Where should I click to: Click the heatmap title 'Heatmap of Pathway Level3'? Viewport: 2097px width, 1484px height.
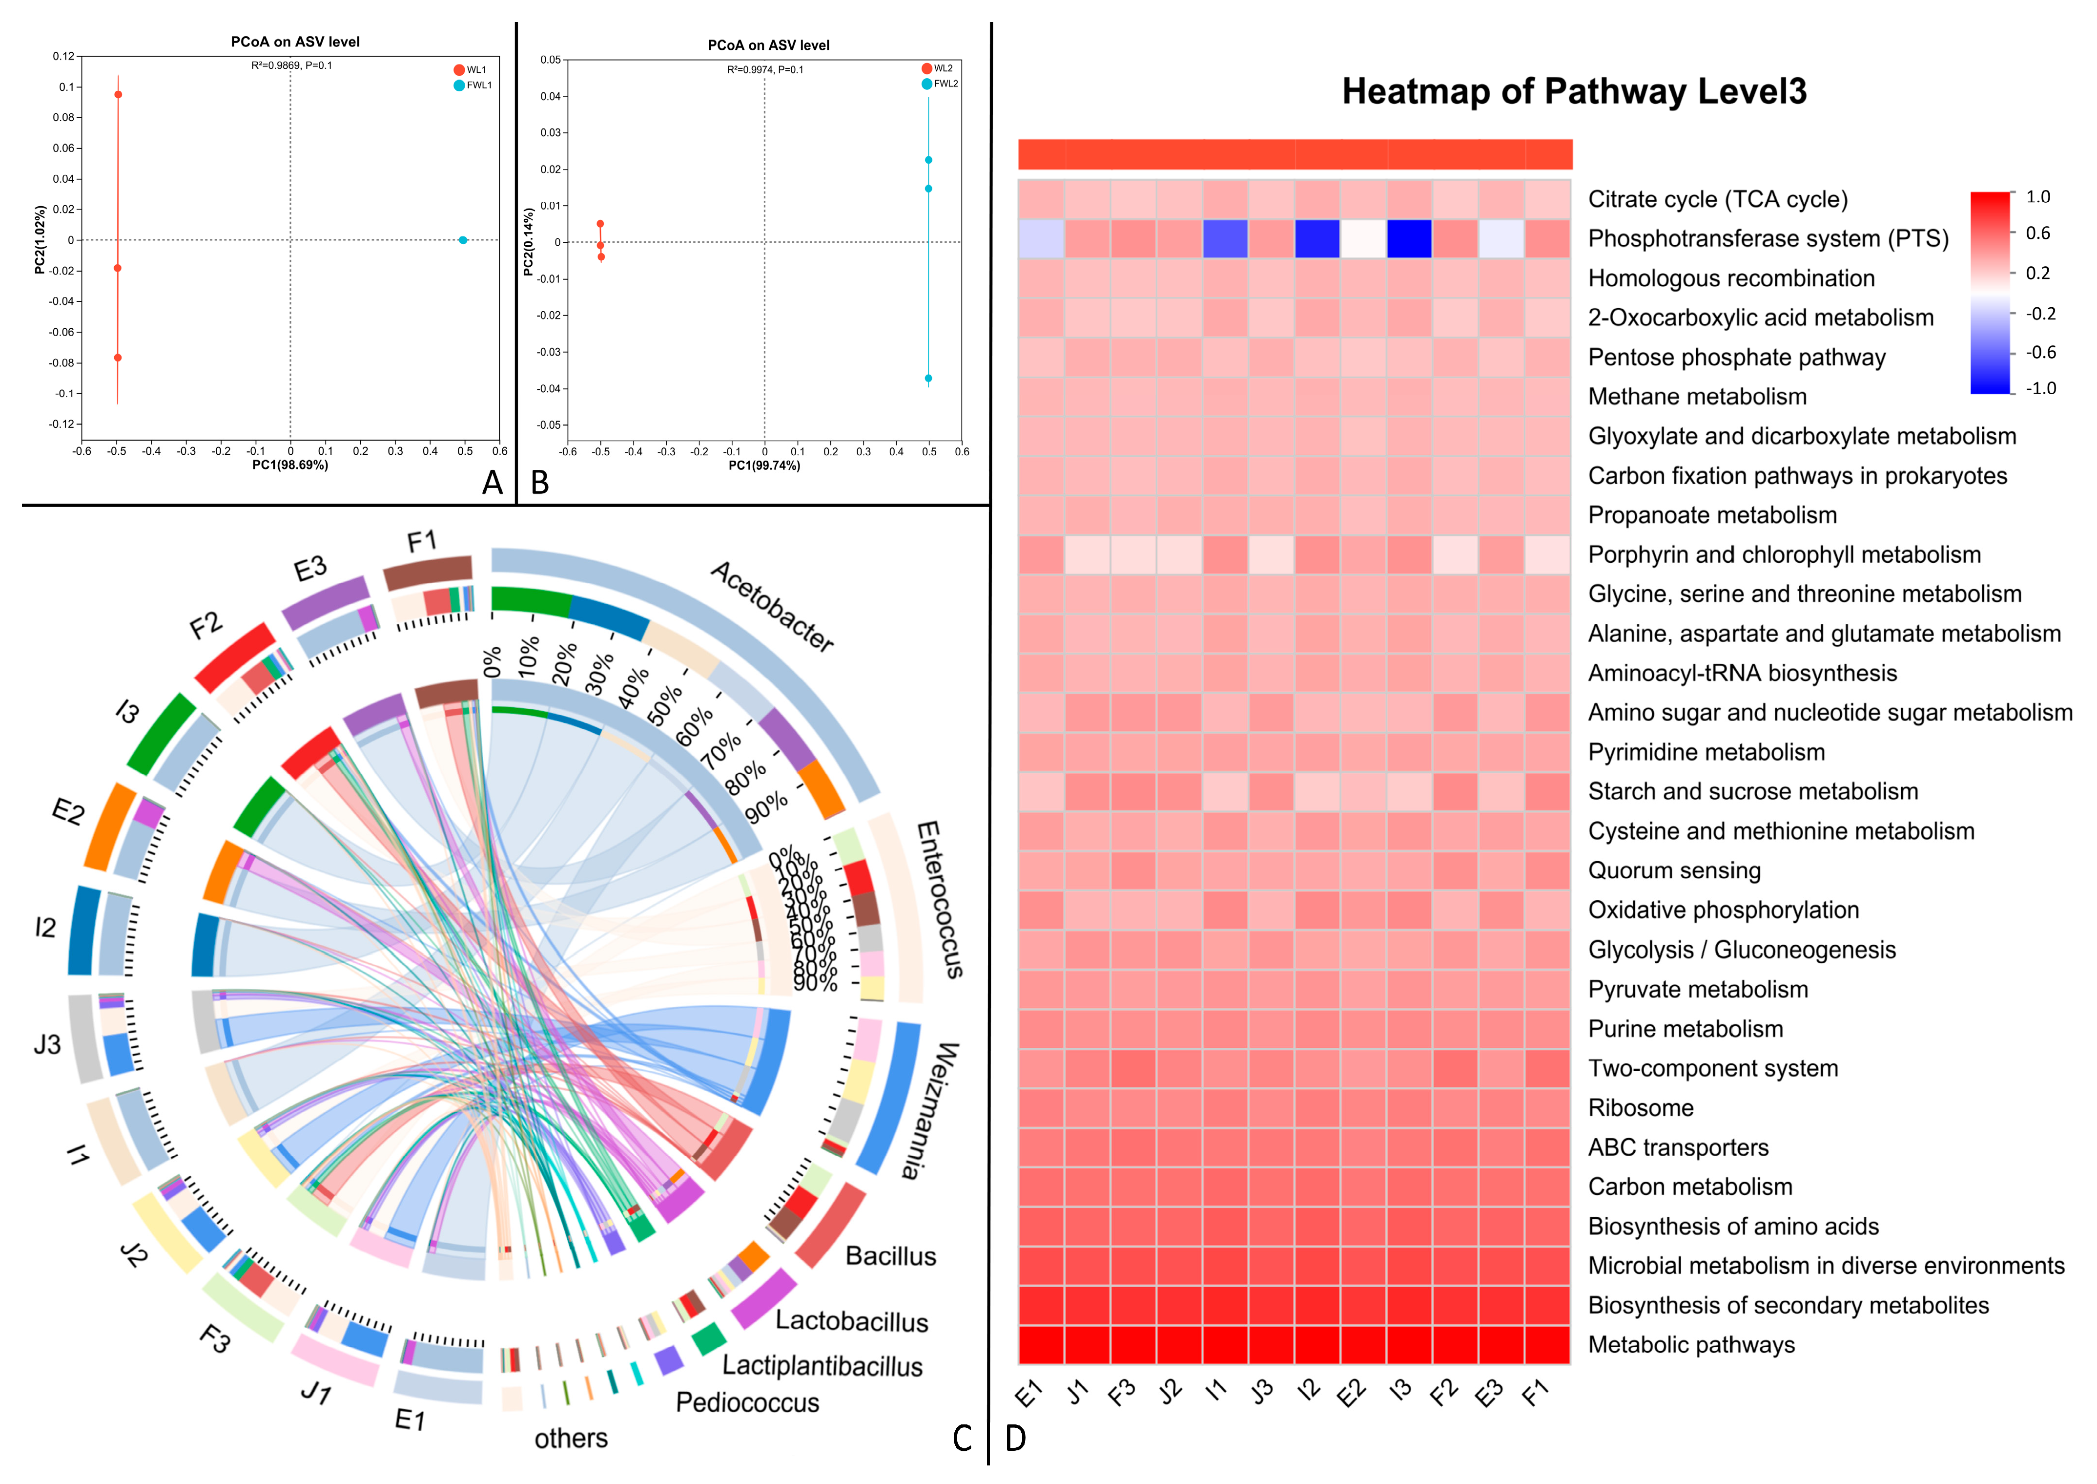pos(1574,91)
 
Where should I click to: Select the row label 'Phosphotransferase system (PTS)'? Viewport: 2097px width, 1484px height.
pos(1768,238)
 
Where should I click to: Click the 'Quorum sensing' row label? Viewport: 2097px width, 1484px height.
pos(1674,871)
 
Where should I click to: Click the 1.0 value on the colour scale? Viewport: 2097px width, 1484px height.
pos(2037,196)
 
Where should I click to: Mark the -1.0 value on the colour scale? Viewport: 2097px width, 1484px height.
pos(2040,388)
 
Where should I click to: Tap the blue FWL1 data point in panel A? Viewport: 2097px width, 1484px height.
pos(463,240)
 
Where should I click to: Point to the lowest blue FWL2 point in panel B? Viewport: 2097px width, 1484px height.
pos(928,378)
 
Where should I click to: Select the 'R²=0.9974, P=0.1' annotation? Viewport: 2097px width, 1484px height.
pos(765,69)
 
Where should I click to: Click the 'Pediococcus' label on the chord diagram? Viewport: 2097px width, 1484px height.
pos(747,1403)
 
